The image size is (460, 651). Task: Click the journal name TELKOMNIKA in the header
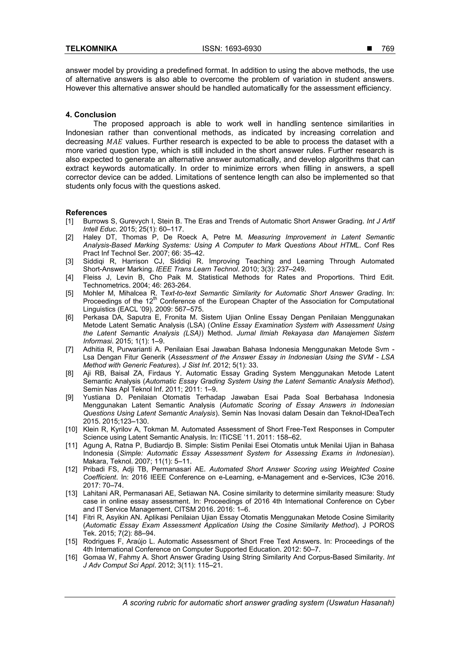tap(91, 49)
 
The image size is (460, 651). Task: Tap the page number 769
tap(388, 49)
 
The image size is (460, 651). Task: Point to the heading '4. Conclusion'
tap(91, 115)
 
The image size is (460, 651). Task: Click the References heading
tap(86, 213)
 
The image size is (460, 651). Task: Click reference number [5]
tap(69, 293)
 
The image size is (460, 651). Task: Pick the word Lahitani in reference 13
tap(93, 493)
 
